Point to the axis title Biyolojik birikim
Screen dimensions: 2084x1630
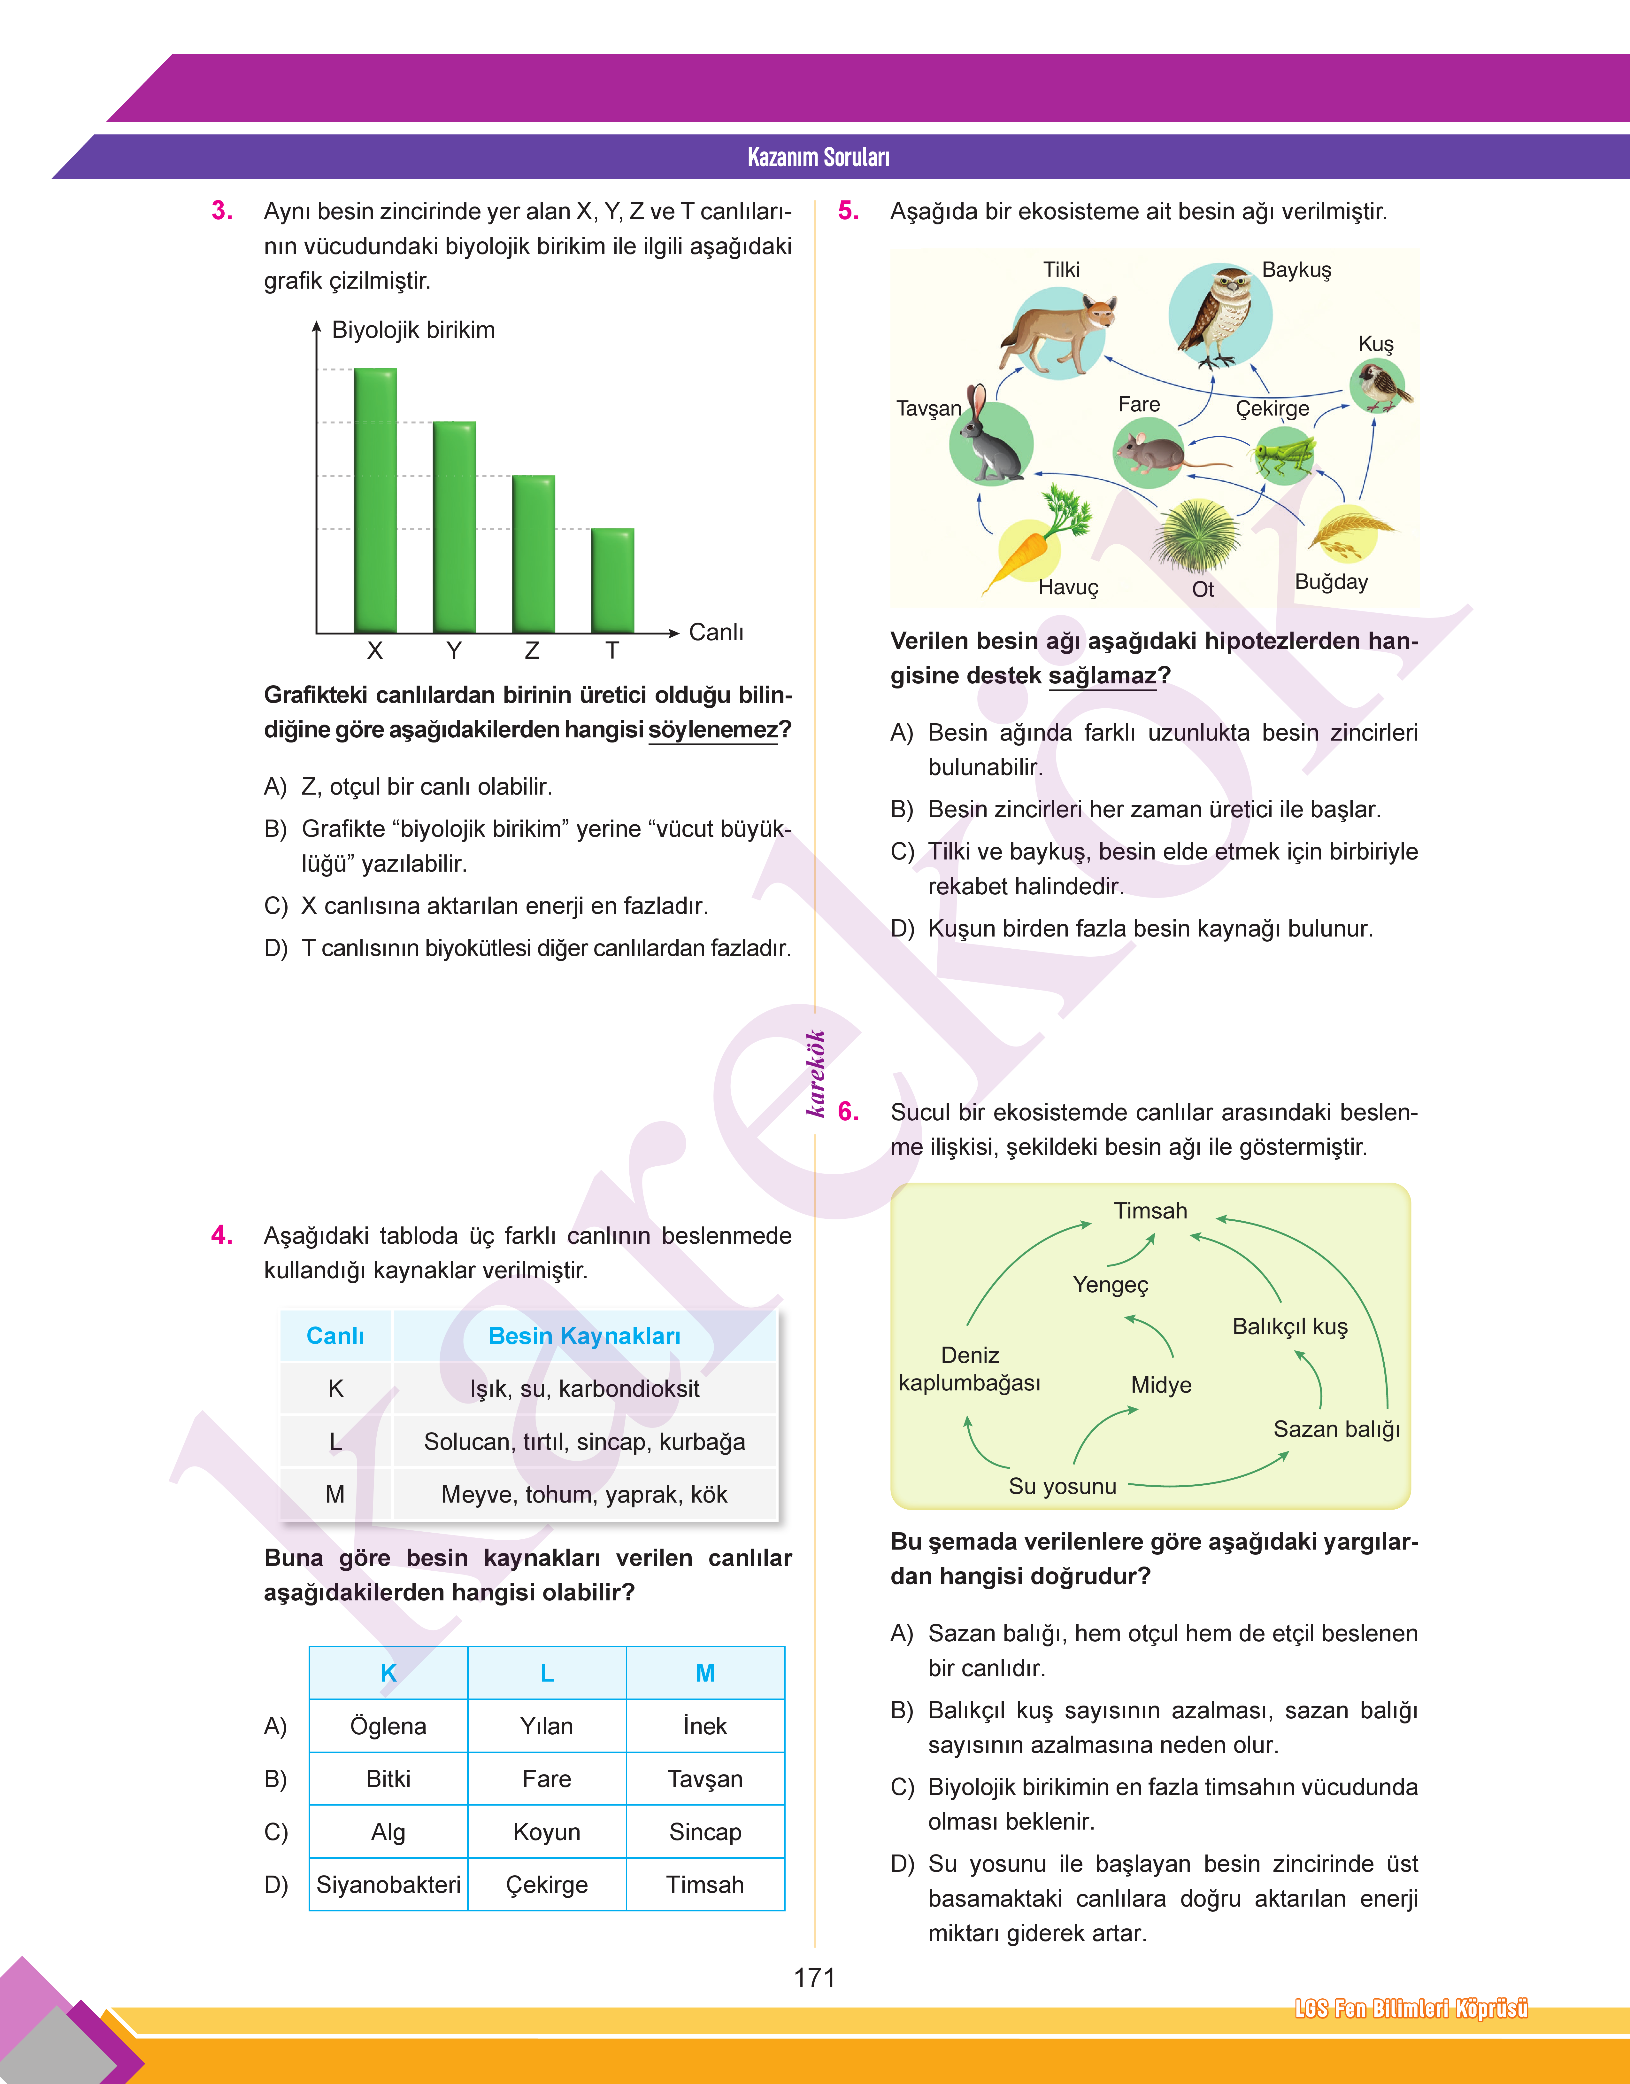(413, 330)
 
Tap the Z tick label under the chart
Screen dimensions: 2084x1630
(532, 651)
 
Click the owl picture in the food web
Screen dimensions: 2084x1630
(1220, 315)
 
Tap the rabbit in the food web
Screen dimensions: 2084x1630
(991, 441)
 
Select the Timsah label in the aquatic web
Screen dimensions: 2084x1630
(1150, 1210)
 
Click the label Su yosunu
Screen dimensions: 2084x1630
(1062, 1486)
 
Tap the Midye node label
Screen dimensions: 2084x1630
(1160, 1385)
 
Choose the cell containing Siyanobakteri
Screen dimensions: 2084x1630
(388, 1885)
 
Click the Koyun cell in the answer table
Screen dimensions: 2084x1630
(547, 1832)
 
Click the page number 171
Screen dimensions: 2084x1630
(814, 1977)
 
